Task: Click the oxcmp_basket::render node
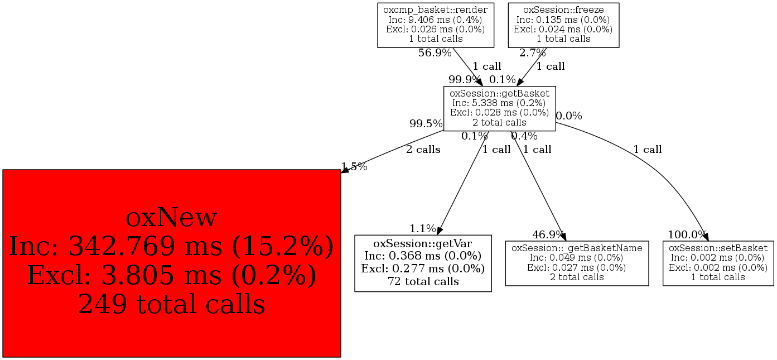436,25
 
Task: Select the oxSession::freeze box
563,25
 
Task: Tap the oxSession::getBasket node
499,108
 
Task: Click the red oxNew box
171,263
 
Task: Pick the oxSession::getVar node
423,263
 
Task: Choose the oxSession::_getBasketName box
577,262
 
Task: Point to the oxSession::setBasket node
718,262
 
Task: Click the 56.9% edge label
435,53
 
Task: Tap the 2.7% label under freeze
532,53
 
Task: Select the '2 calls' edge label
423,150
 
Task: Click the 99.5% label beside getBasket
426,123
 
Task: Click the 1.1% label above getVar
423,228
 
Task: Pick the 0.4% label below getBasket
524,136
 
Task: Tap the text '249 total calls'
171,304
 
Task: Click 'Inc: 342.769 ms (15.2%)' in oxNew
171,246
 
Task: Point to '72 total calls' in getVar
423,281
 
